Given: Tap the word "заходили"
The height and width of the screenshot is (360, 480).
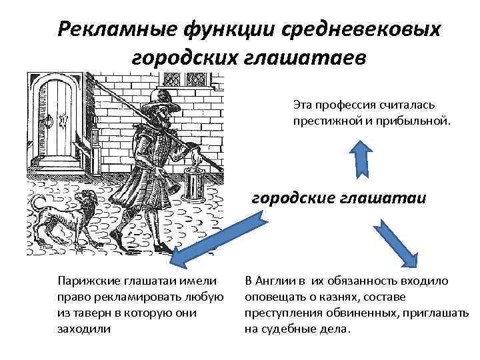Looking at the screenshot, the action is (x=83, y=329).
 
